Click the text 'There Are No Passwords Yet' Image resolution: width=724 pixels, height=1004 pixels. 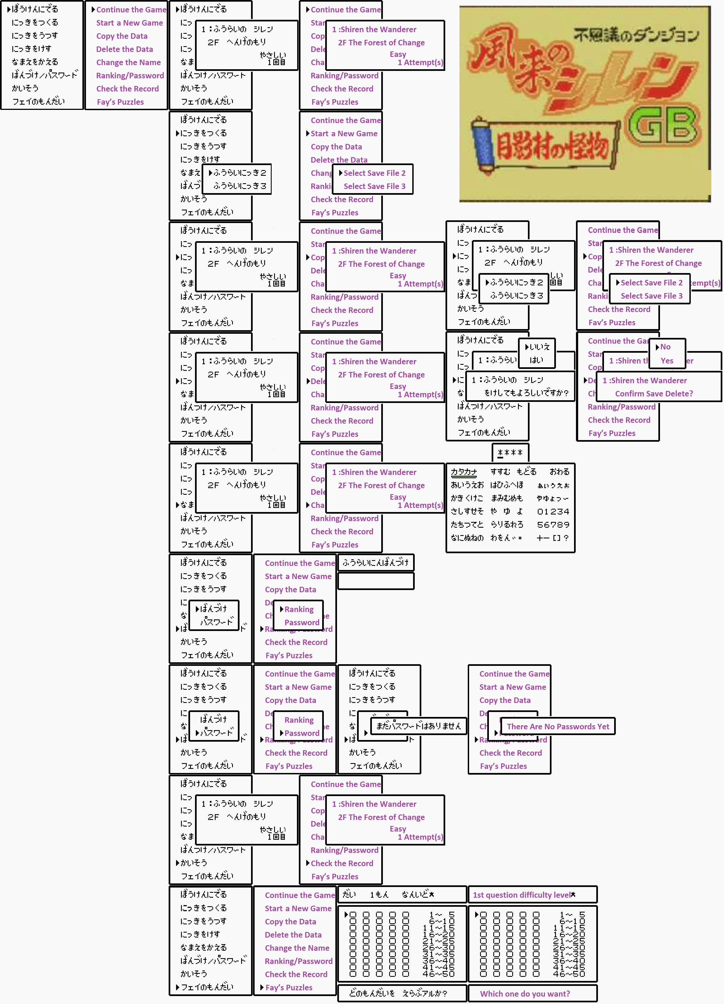(x=558, y=727)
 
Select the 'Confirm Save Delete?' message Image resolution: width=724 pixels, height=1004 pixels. (x=654, y=394)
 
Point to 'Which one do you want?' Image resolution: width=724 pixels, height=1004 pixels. (x=525, y=994)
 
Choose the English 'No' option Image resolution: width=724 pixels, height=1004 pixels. (x=665, y=347)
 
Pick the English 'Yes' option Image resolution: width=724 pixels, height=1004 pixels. (x=667, y=361)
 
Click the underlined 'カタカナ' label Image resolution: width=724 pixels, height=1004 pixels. (x=464, y=472)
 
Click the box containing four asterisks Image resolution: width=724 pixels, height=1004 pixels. (x=510, y=452)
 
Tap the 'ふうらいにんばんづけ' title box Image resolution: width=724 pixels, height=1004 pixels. (x=376, y=563)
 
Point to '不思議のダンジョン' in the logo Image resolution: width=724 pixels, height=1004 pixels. (x=636, y=35)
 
